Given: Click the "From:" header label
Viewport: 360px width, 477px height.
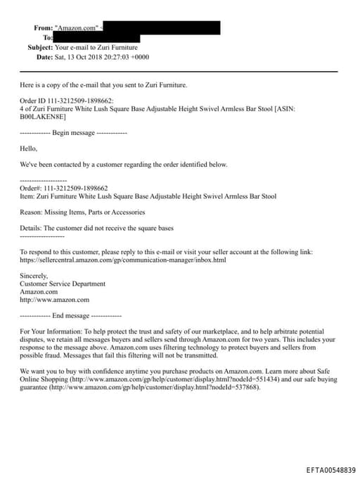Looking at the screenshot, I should tap(43, 27).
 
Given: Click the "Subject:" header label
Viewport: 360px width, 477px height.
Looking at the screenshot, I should tap(39, 47).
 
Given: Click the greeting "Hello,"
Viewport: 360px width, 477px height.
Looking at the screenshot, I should tap(28, 148).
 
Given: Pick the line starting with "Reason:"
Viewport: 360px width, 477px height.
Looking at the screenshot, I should tap(82, 212).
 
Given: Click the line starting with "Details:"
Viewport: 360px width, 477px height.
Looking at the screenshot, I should tap(96, 228).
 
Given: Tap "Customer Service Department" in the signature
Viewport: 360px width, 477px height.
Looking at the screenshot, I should tap(63, 284).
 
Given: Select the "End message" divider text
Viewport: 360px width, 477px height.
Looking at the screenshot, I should tap(70, 316).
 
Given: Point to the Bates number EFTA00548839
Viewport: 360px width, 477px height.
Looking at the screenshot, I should tap(330, 469).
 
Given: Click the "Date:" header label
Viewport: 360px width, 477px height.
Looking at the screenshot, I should tap(44, 57).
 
